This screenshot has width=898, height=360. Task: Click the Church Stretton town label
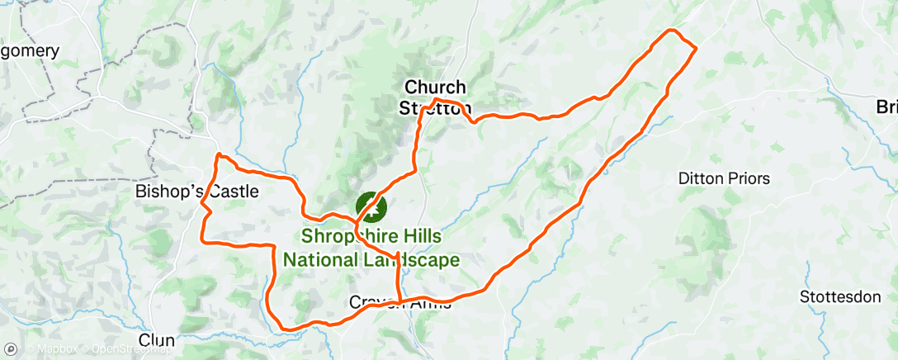(x=435, y=97)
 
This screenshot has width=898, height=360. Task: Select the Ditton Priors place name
(x=724, y=178)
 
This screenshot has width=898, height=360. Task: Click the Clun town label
(x=157, y=340)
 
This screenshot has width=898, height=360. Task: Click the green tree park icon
(x=371, y=205)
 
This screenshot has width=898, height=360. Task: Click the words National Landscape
(x=371, y=259)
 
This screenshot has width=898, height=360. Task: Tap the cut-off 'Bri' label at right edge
(x=886, y=107)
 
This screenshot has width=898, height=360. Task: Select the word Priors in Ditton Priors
(x=749, y=178)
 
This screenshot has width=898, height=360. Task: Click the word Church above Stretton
(x=435, y=88)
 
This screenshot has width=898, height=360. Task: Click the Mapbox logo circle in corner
(x=10, y=349)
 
